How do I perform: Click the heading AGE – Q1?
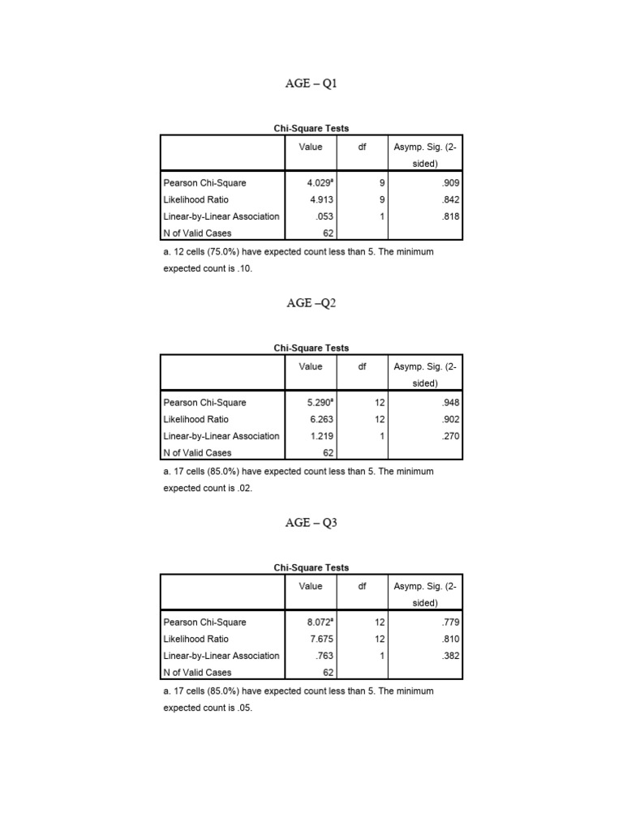(311, 83)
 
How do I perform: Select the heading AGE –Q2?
(311, 303)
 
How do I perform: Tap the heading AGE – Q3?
(311, 523)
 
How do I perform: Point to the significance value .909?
(450, 183)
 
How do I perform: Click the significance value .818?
(450, 216)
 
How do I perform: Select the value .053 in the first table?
(315, 216)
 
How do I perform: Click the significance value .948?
(450, 403)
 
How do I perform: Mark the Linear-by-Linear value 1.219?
(312, 436)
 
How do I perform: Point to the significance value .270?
(450, 436)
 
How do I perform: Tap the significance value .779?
(450, 622)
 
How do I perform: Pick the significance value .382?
(450, 656)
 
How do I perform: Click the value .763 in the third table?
(315, 656)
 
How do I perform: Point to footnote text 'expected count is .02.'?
(208, 488)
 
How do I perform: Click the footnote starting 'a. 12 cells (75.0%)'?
(299, 252)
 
